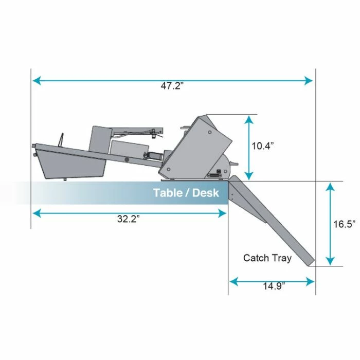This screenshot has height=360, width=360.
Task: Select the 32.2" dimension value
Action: tap(128, 219)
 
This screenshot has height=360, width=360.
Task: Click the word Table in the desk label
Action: tap(167, 193)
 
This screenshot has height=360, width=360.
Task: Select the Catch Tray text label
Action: tap(267, 258)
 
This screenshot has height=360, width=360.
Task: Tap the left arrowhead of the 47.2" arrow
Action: tap(35, 80)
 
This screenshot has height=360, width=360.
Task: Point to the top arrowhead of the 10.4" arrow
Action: tap(249, 119)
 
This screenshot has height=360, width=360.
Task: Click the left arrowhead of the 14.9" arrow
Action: tap(232, 281)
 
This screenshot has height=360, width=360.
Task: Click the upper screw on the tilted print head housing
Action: tap(210, 132)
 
